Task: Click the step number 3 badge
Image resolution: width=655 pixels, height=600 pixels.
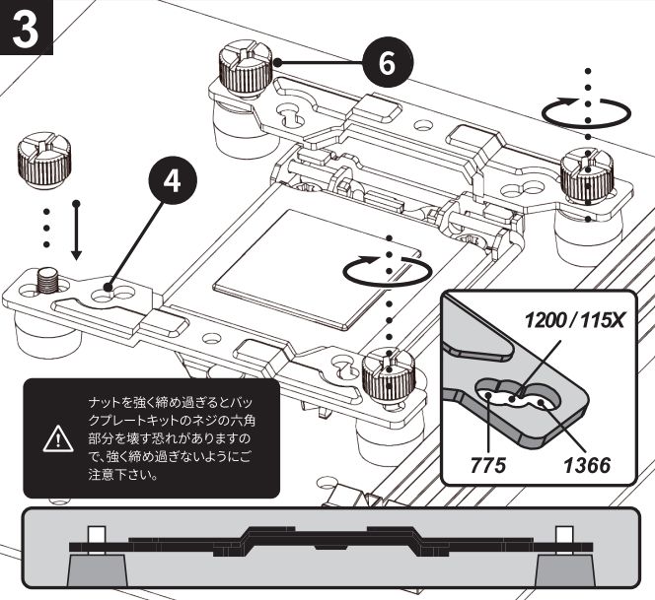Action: (x=26, y=28)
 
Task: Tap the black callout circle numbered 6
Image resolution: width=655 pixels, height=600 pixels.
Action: (x=388, y=63)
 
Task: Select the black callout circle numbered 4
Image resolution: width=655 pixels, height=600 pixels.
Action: (x=173, y=181)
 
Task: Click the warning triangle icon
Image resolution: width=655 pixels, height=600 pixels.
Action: (x=58, y=439)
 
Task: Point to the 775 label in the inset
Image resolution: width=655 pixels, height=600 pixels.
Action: (x=488, y=465)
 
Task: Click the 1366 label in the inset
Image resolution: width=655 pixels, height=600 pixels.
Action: (x=587, y=465)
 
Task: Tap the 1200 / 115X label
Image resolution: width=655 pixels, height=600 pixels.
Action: (x=574, y=321)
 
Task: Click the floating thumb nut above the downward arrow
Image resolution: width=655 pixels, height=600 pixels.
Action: (x=44, y=160)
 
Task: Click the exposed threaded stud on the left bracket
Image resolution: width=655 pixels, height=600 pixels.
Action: (x=45, y=281)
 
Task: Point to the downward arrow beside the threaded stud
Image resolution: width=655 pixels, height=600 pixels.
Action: (x=76, y=231)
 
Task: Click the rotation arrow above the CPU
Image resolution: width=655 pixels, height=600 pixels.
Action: (x=388, y=270)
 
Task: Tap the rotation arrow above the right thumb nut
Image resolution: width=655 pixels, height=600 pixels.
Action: (x=586, y=111)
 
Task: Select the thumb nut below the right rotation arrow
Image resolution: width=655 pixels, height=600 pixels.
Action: (x=586, y=177)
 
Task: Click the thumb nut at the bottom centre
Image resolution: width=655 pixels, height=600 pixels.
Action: (x=389, y=378)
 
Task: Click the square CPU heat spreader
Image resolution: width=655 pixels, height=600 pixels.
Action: (x=317, y=268)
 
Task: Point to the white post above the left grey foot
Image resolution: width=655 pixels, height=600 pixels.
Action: (x=97, y=540)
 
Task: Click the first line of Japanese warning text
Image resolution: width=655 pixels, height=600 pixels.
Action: (x=172, y=403)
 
